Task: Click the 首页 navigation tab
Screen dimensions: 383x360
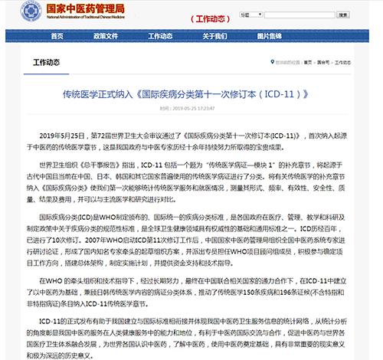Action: (x=55, y=37)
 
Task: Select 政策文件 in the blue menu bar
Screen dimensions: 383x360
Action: (x=107, y=37)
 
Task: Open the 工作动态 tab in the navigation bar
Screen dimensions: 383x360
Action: (x=160, y=37)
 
